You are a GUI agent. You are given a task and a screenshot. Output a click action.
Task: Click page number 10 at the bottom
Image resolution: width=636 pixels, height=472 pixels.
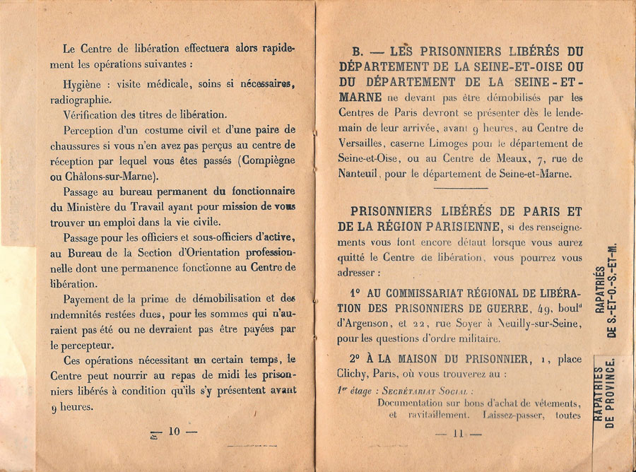coord(174,431)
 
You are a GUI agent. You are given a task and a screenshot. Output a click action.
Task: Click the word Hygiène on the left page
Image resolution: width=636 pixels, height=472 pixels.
coord(82,84)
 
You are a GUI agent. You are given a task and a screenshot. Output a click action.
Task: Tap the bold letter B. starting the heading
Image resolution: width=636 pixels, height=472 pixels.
coord(358,51)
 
